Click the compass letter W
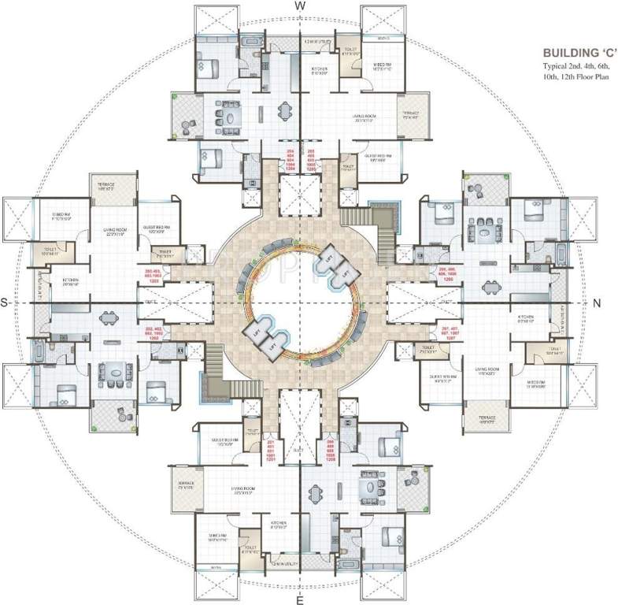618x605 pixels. [x=300, y=6]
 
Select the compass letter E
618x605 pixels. [x=300, y=600]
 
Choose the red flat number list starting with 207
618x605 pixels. [x=449, y=333]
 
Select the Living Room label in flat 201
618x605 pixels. [x=239, y=493]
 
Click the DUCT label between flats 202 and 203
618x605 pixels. [x=150, y=302]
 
